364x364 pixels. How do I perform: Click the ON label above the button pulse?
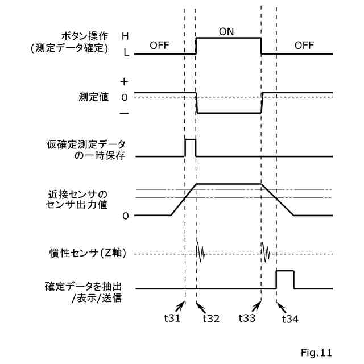click(226, 31)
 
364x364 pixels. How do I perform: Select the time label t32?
click(211, 318)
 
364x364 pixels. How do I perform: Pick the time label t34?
click(291, 318)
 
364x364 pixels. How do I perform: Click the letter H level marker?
click(125, 35)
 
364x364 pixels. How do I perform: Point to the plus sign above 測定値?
click(125, 82)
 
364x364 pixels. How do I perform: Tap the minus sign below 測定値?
click(125, 113)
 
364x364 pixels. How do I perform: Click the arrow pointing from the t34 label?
click(280, 305)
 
